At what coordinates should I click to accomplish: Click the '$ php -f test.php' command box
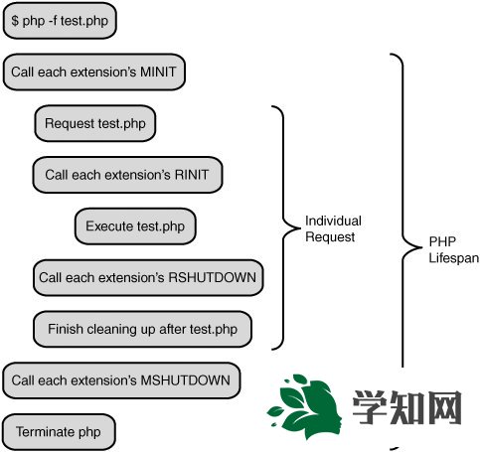[x=60, y=21]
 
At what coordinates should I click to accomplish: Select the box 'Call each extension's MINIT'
[x=94, y=72]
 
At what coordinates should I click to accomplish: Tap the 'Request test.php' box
[x=95, y=123]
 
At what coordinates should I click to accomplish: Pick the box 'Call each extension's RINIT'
[x=127, y=175]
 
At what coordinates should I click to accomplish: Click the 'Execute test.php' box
[x=135, y=226]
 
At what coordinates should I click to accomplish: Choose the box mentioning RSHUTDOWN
[x=148, y=277]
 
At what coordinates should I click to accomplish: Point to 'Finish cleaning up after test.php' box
[x=142, y=329]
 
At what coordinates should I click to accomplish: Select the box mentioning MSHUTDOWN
[x=121, y=380]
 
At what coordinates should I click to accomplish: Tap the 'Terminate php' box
[x=59, y=432]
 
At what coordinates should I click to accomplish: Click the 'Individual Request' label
[x=333, y=228]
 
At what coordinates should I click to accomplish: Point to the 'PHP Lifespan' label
[x=453, y=249]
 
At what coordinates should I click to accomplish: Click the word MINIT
[x=158, y=72]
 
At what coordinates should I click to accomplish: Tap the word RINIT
[x=192, y=175]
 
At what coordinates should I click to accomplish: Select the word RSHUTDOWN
[x=213, y=277]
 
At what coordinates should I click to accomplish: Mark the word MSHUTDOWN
[x=185, y=380]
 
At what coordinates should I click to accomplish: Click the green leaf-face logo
[x=304, y=406]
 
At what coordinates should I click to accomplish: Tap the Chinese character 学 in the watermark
[x=370, y=407]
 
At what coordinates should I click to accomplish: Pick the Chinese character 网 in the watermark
[x=444, y=407]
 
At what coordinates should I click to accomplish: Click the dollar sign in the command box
[x=15, y=21]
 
